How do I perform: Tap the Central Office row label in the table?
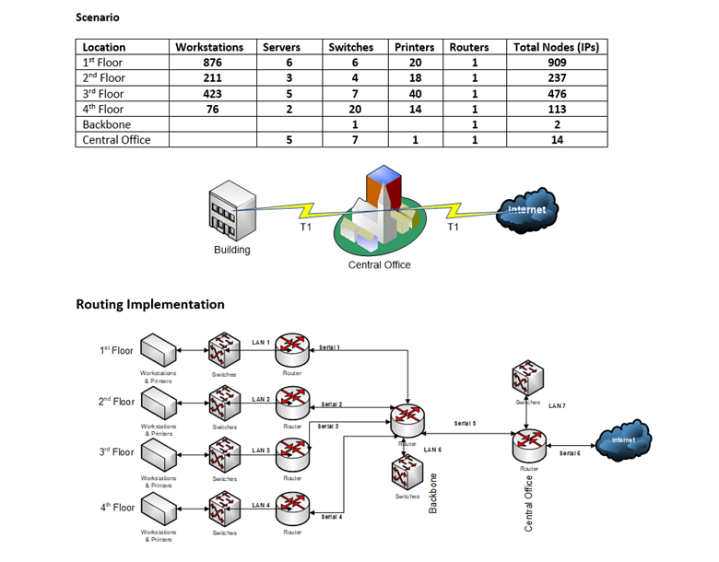coord(116,140)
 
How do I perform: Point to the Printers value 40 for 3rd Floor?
coord(415,94)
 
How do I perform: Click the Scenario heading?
coord(97,18)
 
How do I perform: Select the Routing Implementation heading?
coord(149,304)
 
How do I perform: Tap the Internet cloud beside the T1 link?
coord(525,211)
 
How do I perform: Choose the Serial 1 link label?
coord(330,347)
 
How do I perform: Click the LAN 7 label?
coord(559,405)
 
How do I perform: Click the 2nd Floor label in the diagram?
coord(116,402)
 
